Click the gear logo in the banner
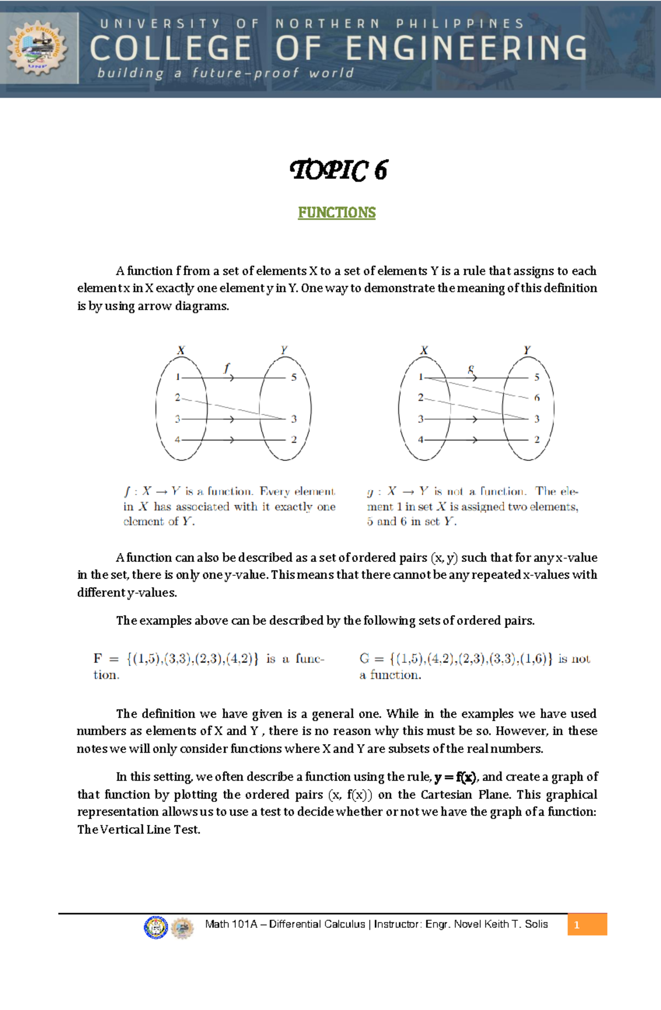click(37, 48)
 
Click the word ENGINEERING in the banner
click(467, 48)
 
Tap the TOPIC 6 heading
click(338, 170)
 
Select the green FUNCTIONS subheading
click(337, 213)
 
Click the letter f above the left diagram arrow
click(226, 368)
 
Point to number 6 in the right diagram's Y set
click(537, 398)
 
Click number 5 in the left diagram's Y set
click(294, 378)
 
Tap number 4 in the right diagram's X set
click(420, 440)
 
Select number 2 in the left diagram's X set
click(177, 397)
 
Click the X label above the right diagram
click(424, 351)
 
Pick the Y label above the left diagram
click(284, 350)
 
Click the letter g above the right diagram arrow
click(471, 369)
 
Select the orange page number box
click(587, 925)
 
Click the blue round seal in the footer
click(155, 927)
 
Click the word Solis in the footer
click(536, 924)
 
